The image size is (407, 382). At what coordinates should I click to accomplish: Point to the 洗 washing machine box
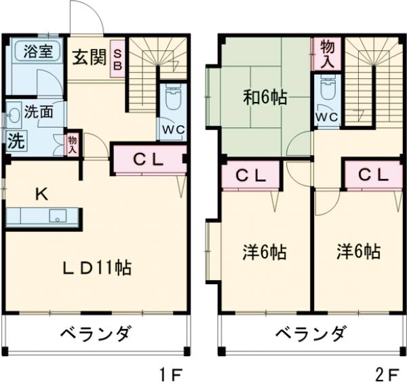(14, 141)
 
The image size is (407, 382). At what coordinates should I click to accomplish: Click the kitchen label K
(41, 194)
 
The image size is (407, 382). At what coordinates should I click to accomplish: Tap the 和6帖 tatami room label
(265, 97)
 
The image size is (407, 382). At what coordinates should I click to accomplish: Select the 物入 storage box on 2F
(327, 52)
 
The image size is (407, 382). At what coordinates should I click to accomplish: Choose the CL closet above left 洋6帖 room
(250, 175)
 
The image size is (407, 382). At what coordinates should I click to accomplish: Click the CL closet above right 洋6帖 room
(373, 175)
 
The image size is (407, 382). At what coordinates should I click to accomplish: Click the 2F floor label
(387, 372)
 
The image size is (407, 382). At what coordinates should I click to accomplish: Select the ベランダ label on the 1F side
(95, 334)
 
